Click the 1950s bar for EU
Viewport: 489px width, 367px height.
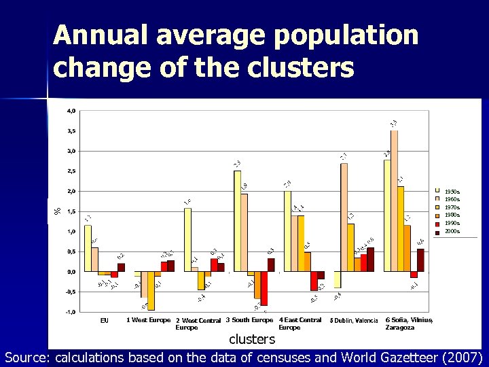click(88, 248)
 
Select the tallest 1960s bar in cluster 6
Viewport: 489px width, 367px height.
click(395, 200)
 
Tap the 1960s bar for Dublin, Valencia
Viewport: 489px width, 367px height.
click(344, 217)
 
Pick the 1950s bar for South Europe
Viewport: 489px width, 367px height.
click(237, 221)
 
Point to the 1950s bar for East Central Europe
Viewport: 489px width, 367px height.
click(287, 231)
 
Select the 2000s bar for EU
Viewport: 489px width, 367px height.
click(121, 267)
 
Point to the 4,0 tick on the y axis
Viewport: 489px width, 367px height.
click(71, 111)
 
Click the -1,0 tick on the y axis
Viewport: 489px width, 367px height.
click(70, 312)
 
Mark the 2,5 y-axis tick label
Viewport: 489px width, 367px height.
click(71, 171)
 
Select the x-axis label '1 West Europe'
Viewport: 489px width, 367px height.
click(148, 320)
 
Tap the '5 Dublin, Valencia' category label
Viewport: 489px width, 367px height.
click(354, 321)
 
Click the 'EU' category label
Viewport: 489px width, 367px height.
click(104, 320)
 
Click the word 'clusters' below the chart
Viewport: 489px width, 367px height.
click(251, 338)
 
